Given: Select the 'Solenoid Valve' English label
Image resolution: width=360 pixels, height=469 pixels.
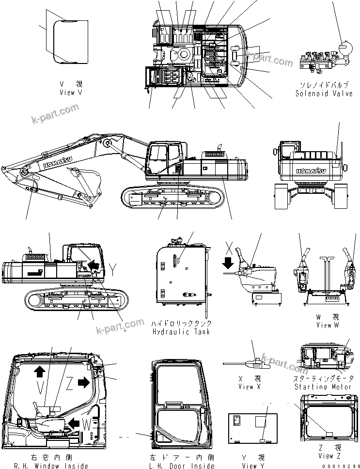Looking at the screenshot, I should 324,94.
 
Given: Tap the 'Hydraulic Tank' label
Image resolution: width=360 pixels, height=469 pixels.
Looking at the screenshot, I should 181,332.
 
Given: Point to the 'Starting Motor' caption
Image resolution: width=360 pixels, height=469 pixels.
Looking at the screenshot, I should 324,387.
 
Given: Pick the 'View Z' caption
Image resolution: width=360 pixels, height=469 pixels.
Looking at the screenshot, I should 329,456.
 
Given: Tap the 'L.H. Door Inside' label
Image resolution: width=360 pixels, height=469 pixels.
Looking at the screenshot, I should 182,466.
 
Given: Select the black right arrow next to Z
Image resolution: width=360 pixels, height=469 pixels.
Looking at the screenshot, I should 83,383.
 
